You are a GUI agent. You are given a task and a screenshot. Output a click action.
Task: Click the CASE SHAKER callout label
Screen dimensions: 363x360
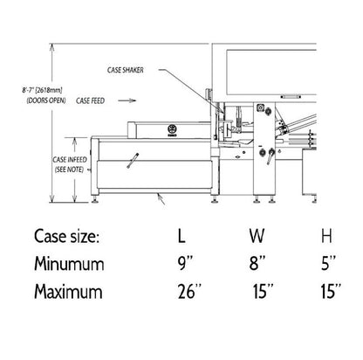pos(126,70)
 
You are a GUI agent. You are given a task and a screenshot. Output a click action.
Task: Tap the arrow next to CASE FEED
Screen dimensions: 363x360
pos(127,100)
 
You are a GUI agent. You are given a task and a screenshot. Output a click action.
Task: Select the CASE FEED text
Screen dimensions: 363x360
pos(90,100)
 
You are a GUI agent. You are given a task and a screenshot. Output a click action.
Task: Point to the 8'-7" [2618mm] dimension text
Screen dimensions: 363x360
pos(42,90)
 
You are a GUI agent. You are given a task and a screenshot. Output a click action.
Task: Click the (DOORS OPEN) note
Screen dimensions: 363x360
pos(46,100)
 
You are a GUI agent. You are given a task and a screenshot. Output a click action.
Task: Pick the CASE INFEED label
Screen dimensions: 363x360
pos(70,160)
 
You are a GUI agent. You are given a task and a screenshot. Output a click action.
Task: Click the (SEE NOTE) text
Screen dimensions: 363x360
pos(69,170)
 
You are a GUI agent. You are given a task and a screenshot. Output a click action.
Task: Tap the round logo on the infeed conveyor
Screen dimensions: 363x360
pos(172,129)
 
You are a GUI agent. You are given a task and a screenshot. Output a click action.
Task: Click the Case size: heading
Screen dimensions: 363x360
pos(66,236)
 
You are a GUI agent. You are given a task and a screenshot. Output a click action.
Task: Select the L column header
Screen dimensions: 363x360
pos(181,236)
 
